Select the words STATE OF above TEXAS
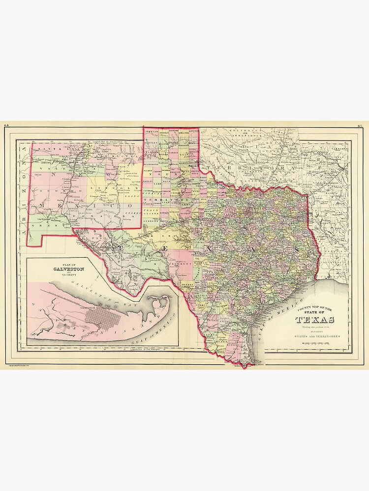coord(316,312)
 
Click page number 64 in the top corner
coord(6,126)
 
